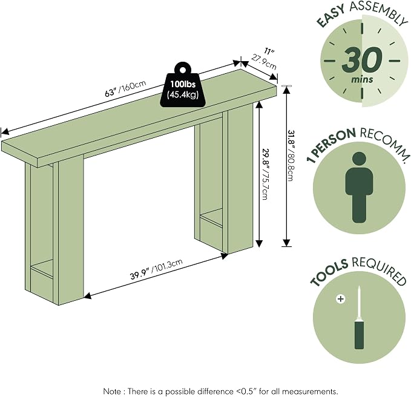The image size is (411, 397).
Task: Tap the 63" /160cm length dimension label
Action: pyautogui.click(x=125, y=88)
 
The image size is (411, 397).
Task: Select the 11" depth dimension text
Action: pyautogui.click(x=269, y=51)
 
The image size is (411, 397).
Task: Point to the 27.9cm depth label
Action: pyautogui.click(x=264, y=62)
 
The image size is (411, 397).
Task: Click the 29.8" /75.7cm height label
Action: pyautogui.click(x=265, y=174)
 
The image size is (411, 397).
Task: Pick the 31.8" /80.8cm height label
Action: pyautogui.click(x=290, y=156)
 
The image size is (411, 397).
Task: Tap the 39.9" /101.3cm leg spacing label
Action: pyautogui.click(x=156, y=269)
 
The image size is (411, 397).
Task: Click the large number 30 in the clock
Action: pyautogui.click(x=362, y=60)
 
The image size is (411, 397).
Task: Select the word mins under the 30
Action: pyautogui.click(x=362, y=79)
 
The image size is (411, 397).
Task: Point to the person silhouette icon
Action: pyautogui.click(x=359, y=188)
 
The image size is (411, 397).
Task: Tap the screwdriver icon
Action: pyautogui.click(x=360, y=318)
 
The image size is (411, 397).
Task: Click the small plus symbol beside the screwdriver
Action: pyautogui.click(x=341, y=299)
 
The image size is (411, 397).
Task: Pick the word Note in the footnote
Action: pyautogui.click(x=112, y=391)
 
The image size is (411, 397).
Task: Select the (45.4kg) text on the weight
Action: pyautogui.click(x=183, y=95)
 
